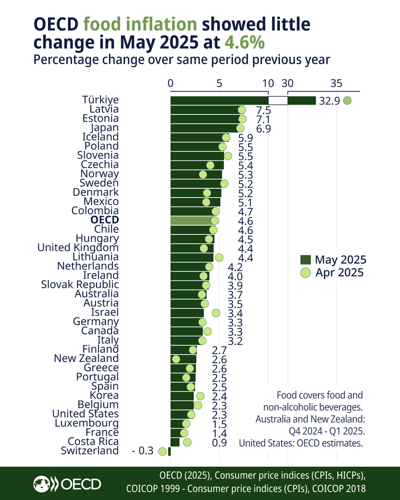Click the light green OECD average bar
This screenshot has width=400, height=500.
click(x=192, y=220)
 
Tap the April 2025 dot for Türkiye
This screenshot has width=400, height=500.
click(x=347, y=100)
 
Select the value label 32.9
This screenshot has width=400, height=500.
click(x=329, y=101)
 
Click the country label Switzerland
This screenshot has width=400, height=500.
click(x=90, y=450)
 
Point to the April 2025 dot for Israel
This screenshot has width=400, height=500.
click(x=216, y=312)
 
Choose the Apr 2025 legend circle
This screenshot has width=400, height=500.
click(x=305, y=273)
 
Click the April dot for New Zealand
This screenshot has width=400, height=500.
click(x=176, y=359)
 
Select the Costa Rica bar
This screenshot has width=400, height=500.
click(x=175, y=442)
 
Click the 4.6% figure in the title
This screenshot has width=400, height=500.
click(x=245, y=43)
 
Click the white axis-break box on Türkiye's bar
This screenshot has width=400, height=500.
click(x=278, y=100)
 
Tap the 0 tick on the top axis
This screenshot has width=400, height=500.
click(x=170, y=83)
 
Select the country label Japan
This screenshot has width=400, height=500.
click(x=104, y=127)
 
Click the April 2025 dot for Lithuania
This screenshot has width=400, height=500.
click(x=219, y=257)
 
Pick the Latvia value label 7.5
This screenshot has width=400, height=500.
click(x=263, y=110)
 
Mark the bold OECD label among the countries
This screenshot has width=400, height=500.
click(x=104, y=220)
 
